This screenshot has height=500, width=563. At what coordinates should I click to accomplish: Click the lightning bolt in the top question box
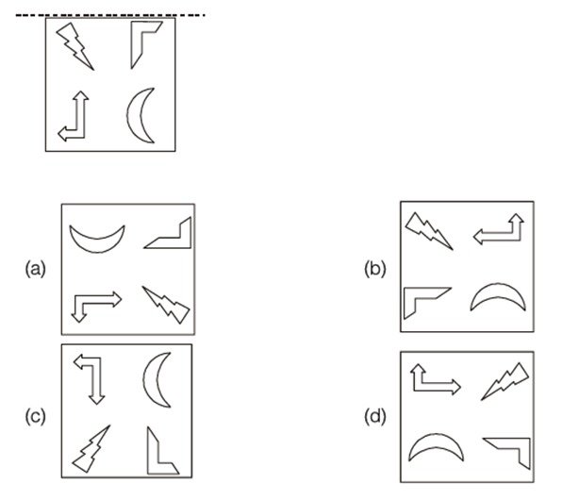point(75,45)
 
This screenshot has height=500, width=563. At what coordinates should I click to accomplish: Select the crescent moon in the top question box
point(133,115)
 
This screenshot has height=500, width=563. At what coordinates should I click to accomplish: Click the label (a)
point(36,269)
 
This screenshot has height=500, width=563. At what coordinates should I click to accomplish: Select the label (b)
point(374,269)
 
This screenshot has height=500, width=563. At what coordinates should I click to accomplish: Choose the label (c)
point(36,417)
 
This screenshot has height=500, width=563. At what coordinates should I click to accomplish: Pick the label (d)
point(374,417)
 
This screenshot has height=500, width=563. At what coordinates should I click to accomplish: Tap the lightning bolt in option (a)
point(167,305)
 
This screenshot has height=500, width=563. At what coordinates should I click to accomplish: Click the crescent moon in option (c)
point(150,379)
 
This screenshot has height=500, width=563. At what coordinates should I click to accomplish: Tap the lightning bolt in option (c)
point(91,449)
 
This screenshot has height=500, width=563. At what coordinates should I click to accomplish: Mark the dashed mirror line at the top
point(110,15)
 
